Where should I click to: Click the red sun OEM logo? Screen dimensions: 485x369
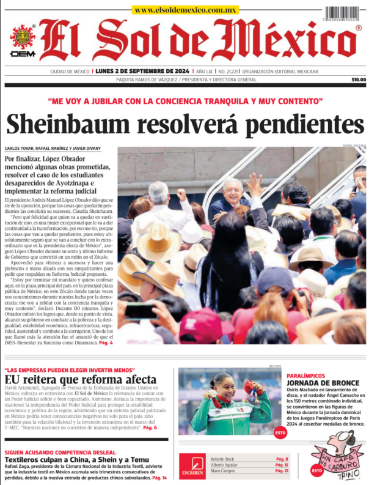[23, 39]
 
